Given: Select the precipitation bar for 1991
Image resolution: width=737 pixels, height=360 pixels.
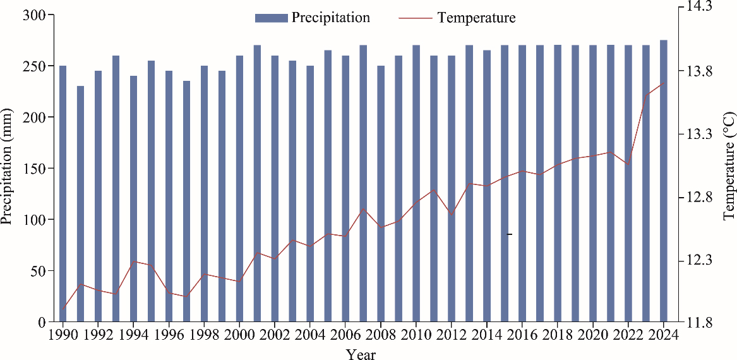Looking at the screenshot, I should pos(80,203).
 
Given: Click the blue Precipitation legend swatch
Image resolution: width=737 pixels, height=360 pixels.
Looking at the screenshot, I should pos(271,18).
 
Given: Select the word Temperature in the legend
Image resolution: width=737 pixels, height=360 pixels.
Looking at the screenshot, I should pos(476,18).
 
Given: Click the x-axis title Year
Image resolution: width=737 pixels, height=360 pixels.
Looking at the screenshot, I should pos(361,354).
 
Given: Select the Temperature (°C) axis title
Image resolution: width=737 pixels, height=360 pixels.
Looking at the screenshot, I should pos(729,165).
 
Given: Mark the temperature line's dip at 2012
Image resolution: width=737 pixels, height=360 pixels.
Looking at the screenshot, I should pos(452,215).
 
